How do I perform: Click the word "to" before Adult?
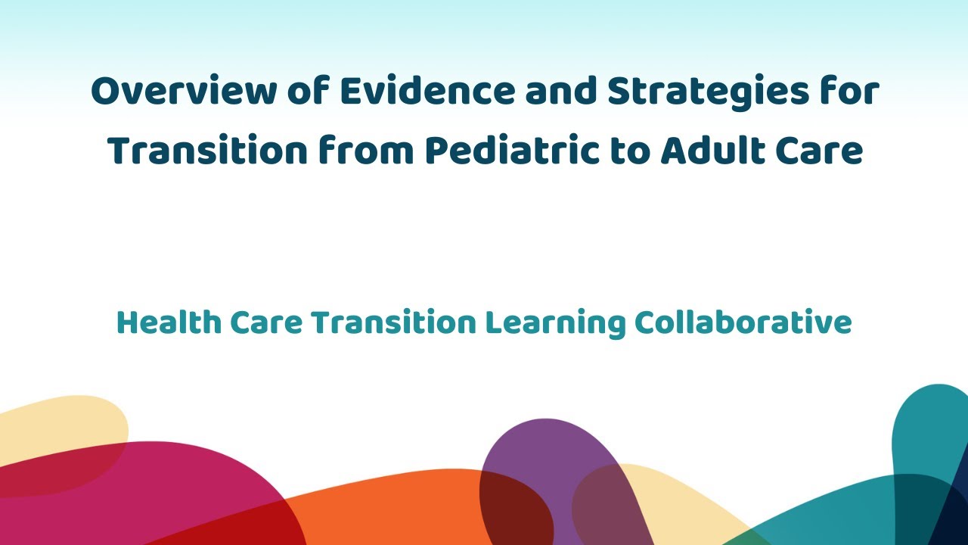pyautogui.click(x=629, y=151)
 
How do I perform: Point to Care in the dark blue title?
pyautogui.click(x=823, y=151)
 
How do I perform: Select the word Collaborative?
pyautogui.click(x=743, y=323)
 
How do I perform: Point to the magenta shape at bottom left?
pyautogui.click(x=151, y=492)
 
